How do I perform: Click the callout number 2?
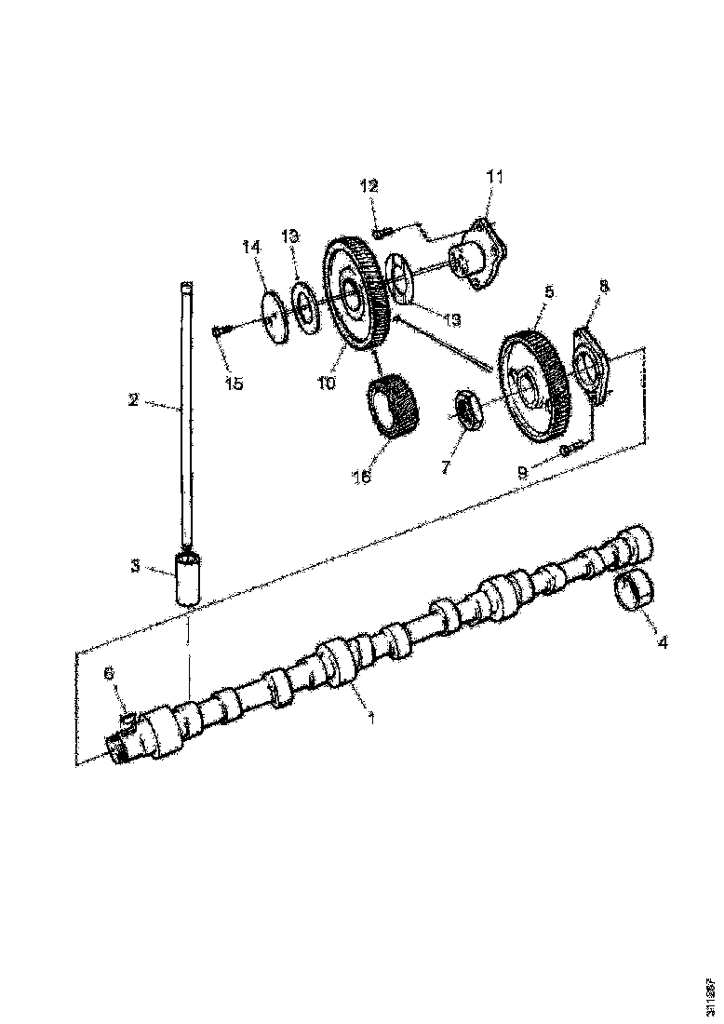click(x=133, y=400)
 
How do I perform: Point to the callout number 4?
click(x=662, y=641)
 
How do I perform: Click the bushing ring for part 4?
click(x=635, y=591)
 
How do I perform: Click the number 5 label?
click(x=548, y=291)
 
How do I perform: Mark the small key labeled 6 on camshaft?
click(x=130, y=718)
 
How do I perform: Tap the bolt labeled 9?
click(x=570, y=451)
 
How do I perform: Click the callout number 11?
click(x=494, y=176)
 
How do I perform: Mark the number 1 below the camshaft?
click(x=370, y=718)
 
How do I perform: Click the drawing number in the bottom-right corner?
click(x=711, y=991)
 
